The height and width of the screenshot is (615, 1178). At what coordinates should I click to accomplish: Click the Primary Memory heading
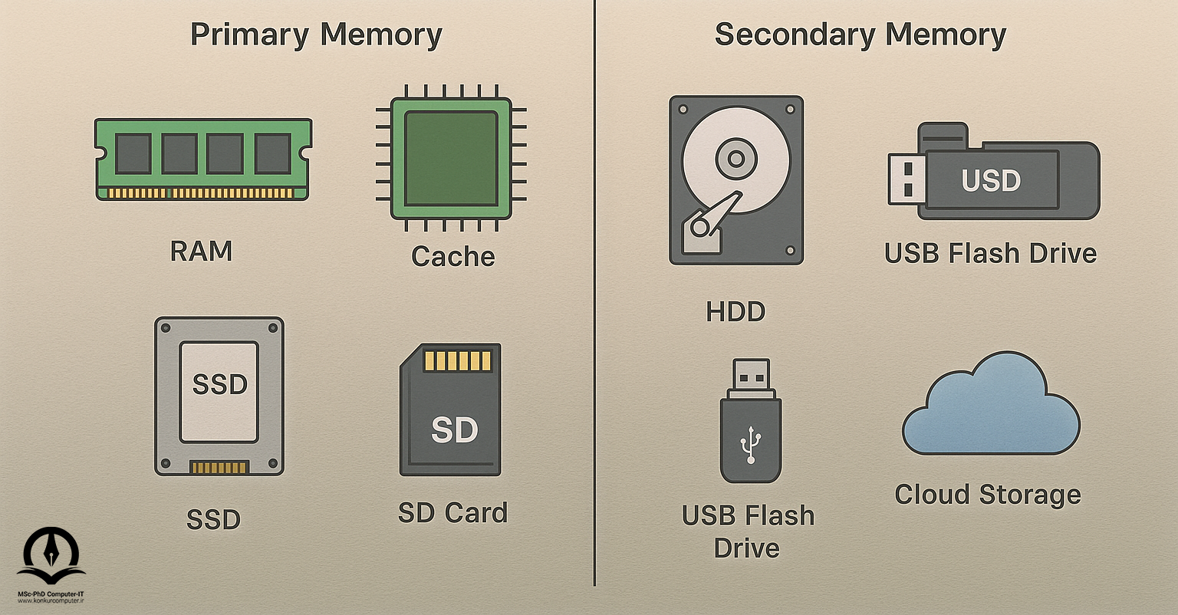click(316, 36)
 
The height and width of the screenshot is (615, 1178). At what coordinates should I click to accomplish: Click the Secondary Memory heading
click(860, 36)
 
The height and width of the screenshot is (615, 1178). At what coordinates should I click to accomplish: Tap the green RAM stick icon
click(203, 159)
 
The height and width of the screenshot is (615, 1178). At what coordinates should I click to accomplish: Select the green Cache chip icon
click(451, 158)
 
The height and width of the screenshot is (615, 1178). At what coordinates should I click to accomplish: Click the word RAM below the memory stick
click(201, 251)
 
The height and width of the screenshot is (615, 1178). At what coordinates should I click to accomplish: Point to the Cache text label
click(452, 256)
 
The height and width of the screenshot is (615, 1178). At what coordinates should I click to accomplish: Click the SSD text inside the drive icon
click(219, 384)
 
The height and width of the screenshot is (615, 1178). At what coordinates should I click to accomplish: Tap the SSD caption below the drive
click(213, 520)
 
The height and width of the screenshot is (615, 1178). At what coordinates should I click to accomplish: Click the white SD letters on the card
click(454, 430)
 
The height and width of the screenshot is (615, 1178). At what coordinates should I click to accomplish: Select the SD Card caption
click(452, 512)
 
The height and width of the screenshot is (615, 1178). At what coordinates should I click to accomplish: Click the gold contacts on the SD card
click(457, 360)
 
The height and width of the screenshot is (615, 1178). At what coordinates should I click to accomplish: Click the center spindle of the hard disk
click(735, 160)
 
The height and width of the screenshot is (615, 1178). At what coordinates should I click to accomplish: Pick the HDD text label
click(735, 311)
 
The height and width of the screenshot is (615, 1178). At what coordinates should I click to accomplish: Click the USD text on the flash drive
click(991, 181)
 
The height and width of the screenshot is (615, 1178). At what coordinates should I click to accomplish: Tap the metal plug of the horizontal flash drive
click(905, 179)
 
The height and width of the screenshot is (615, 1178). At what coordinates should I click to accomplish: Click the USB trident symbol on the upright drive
click(749, 444)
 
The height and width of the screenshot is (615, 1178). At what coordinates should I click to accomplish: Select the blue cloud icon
click(990, 406)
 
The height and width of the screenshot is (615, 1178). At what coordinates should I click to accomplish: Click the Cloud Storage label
click(988, 495)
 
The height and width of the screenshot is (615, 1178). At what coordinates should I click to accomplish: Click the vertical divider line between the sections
click(594, 307)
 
